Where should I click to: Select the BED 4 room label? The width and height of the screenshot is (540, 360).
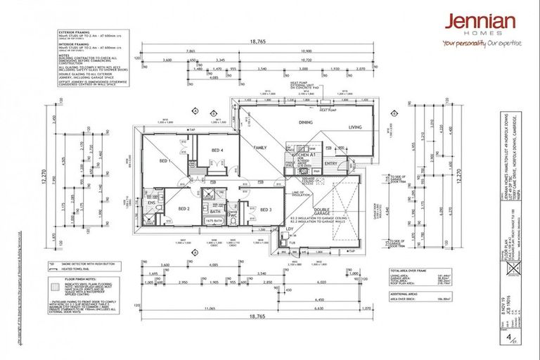point(217,150)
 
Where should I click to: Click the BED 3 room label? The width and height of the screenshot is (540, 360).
point(266,210)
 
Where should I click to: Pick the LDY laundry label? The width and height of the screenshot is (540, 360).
point(288,228)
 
